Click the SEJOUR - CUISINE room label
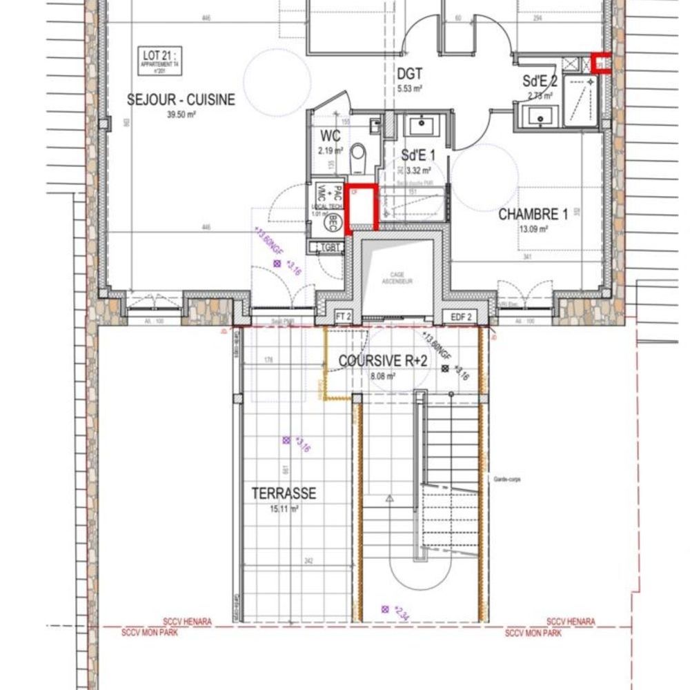click(x=181, y=100)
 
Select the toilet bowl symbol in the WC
click(x=357, y=157)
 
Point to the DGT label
click(x=409, y=74)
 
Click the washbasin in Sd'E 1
click(x=420, y=127)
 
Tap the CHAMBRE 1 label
click(x=533, y=215)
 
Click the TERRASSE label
click(x=284, y=493)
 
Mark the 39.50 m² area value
click(x=181, y=115)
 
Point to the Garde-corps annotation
click(x=506, y=478)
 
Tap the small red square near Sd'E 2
click(x=601, y=63)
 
